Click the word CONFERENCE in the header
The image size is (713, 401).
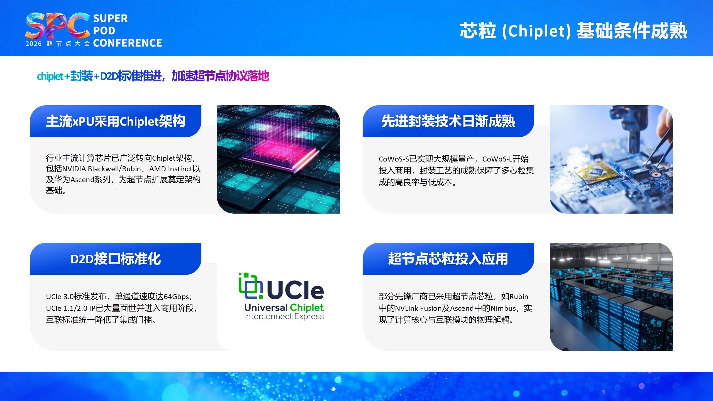coord(128,43)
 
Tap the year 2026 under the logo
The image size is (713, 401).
coord(33,44)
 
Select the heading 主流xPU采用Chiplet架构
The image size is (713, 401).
coord(116,121)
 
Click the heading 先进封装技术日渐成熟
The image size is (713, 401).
coord(448,121)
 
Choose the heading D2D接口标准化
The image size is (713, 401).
coord(116,259)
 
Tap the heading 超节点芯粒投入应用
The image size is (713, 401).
coord(448,259)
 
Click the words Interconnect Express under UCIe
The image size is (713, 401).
coord(284,317)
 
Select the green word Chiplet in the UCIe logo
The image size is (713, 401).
coord(307,307)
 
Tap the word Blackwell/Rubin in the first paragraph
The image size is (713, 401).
coord(114,169)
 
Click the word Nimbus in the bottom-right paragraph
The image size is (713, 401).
coord(503,308)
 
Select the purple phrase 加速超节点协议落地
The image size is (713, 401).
coord(220,76)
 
